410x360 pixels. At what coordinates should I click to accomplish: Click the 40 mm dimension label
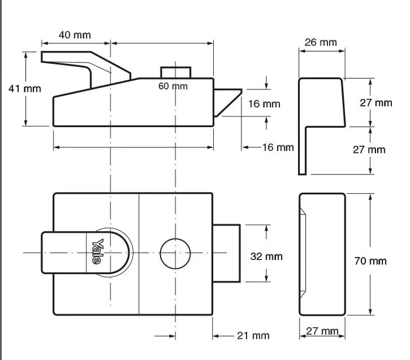(x=75, y=35)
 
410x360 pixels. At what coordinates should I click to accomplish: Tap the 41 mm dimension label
(x=25, y=89)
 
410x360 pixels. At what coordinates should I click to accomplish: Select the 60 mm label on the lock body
(x=173, y=86)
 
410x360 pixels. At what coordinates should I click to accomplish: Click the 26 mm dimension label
(x=320, y=42)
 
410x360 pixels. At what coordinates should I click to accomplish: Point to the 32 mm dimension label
(x=266, y=256)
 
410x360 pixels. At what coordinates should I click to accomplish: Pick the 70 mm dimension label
(x=370, y=261)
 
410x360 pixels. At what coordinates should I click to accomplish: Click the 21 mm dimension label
(x=253, y=335)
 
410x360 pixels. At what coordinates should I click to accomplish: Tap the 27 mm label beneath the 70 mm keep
(x=322, y=331)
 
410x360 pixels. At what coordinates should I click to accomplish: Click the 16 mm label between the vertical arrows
(x=264, y=104)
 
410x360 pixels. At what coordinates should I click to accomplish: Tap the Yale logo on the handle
(x=97, y=251)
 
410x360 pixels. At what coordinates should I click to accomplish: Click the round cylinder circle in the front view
(x=175, y=253)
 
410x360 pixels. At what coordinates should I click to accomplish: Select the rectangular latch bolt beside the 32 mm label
(x=227, y=253)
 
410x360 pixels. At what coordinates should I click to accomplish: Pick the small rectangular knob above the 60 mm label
(x=176, y=73)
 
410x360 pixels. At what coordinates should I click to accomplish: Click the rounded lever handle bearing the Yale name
(x=86, y=253)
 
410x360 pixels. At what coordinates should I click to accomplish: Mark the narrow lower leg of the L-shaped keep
(x=302, y=151)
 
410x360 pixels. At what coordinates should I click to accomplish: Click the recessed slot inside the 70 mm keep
(x=303, y=253)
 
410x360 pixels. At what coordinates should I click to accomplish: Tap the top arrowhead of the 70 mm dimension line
(x=370, y=198)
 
